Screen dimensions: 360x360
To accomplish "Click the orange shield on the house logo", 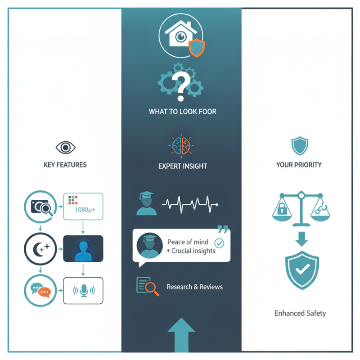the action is coord(197,48).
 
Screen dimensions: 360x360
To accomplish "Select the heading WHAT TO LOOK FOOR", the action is coord(183,112).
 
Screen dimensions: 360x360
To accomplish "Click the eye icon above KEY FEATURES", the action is coord(65,148).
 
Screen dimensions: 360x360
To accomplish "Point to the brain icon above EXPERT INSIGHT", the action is coord(181,146).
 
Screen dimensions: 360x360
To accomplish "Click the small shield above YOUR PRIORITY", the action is coord(300,146).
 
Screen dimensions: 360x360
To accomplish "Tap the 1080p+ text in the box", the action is coord(85,210).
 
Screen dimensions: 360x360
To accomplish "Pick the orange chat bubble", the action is coord(44,292).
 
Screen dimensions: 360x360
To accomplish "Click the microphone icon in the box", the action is coord(84,291).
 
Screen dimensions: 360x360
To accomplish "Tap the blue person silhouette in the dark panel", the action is coord(83,251).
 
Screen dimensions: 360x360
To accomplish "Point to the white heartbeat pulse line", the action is coord(190,204).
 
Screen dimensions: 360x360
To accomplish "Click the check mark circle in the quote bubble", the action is coord(219,243).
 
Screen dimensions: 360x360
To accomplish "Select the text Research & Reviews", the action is coord(195,287).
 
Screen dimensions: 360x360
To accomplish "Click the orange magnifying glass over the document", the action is coord(152,288).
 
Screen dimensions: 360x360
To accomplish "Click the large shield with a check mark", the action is coord(302,270).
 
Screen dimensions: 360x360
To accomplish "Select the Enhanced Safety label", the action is coord(300,313).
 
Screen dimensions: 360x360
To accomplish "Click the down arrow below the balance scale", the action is coord(301,239).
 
